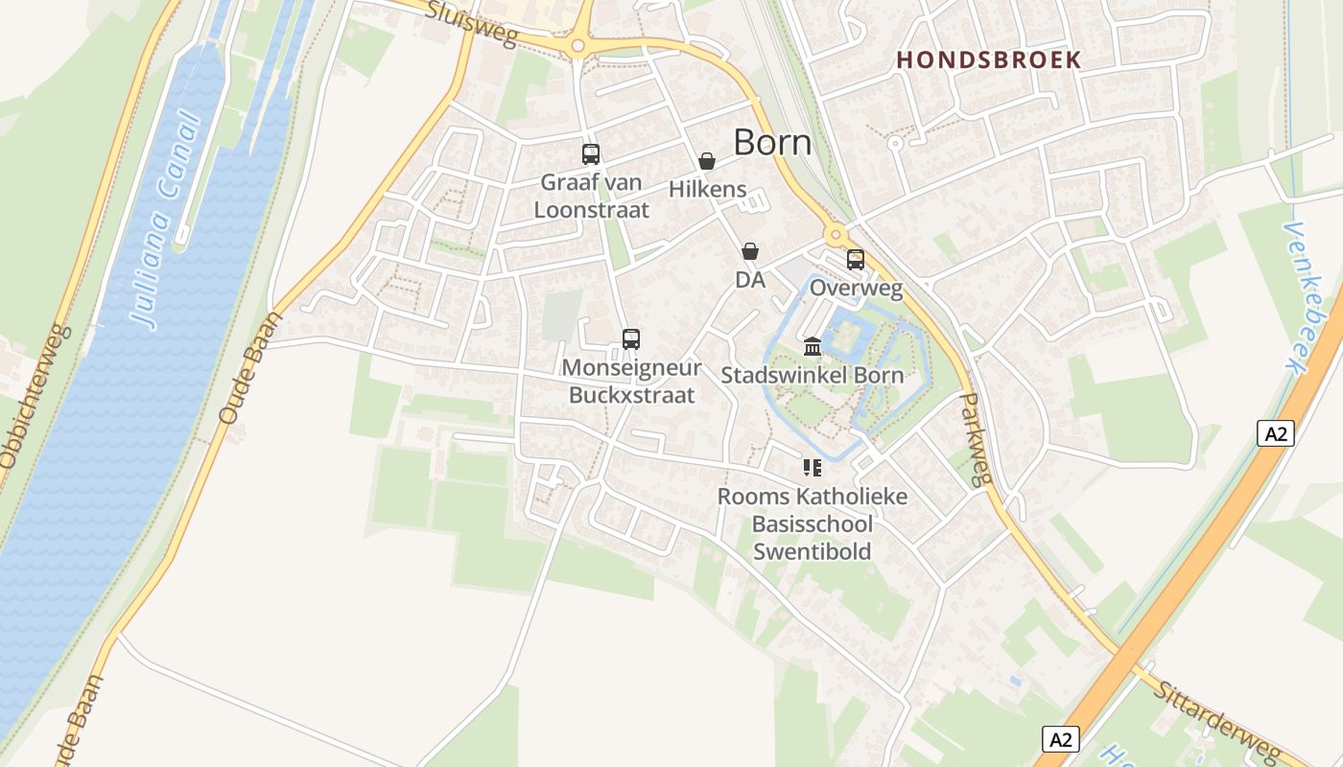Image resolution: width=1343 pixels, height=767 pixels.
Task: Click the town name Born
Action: [x=772, y=143]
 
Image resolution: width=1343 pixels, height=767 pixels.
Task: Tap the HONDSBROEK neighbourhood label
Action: [x=988, y=59]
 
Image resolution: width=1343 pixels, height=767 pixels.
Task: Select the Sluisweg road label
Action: [x=470, y=24]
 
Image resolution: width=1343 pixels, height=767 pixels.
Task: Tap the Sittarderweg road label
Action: [x=1215, y=722]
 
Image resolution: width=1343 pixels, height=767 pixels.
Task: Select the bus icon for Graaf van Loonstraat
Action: [x=591, y=153]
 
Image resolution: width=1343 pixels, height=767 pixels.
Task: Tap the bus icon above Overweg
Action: [x=855, y=260]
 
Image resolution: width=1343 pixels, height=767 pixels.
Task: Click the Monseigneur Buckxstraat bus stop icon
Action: [x=630, y=338]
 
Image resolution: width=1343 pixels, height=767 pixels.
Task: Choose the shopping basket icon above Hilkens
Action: [x=707, y=161]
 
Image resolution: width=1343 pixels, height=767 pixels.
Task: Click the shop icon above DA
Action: [x=749, y=251]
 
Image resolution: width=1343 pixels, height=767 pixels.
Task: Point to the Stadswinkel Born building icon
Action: [x=813, y=346]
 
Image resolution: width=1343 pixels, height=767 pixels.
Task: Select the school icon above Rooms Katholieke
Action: [x=813, y=468]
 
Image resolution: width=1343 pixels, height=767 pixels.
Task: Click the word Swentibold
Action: [x=812, y=551]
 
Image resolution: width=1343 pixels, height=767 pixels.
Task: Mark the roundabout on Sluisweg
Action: [x=577, y=45]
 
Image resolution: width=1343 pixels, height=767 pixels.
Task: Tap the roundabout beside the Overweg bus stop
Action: [x=836, y=234]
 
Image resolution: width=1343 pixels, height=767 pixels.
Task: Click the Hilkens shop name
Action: [x=707, y=189]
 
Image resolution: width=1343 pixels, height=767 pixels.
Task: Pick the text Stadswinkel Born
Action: [x=812, y=374]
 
